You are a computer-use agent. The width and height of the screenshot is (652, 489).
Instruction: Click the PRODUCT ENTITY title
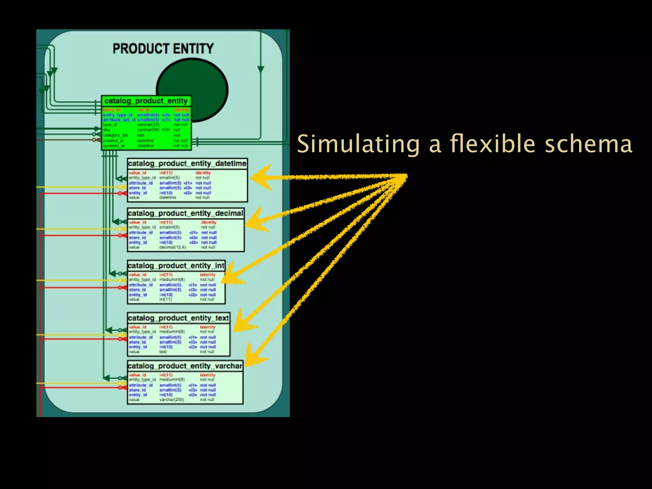(163, 49)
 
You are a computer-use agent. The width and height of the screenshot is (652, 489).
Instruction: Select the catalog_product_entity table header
(146, 101)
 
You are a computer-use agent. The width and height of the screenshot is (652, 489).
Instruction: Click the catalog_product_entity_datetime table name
(187, 164)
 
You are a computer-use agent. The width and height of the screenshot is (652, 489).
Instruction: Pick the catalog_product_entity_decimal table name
(185, 213)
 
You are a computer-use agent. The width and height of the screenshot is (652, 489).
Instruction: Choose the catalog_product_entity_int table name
(176, 266)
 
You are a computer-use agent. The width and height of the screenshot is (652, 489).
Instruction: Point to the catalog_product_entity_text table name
(178, 318)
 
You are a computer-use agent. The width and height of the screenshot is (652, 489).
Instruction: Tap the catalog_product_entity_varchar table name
(185, 366)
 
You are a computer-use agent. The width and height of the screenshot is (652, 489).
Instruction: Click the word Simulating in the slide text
(358, 144)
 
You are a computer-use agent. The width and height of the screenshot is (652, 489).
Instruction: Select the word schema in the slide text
(588, 144)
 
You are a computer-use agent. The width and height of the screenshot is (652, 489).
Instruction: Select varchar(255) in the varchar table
(172, 400)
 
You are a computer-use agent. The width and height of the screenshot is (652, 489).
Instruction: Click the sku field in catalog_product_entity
(106, 130)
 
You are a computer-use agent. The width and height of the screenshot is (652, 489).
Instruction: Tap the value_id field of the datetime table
(137, 173)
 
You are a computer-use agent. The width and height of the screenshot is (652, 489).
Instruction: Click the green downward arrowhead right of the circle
(261, 69)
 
